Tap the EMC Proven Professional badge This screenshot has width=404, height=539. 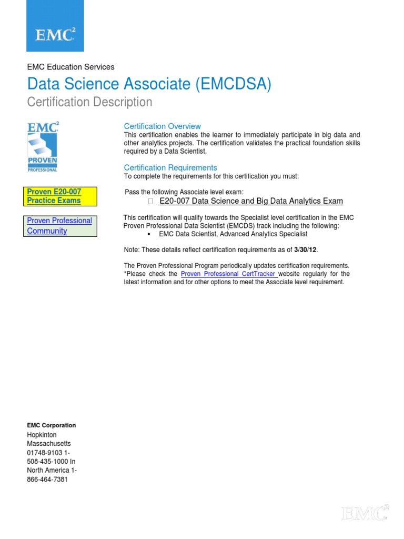coord(43,146)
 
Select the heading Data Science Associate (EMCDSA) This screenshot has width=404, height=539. coord(149,84)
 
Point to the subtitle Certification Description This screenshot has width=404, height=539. coord(89,102)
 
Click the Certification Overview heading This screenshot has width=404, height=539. coord(162,126)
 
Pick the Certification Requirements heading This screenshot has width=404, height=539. coord(170,167)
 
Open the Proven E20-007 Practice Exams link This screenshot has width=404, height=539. coord(54,196)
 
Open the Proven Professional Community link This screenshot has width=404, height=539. coord(59,226)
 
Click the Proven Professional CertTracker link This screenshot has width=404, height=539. coord(229,274)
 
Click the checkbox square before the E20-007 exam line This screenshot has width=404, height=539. coord(150,201)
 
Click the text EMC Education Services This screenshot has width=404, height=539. coord(70,67)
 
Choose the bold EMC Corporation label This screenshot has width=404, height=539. coord(52,425)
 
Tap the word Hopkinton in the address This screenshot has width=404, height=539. coord(42,435)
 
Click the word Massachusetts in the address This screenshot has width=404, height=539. coord(49,444)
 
